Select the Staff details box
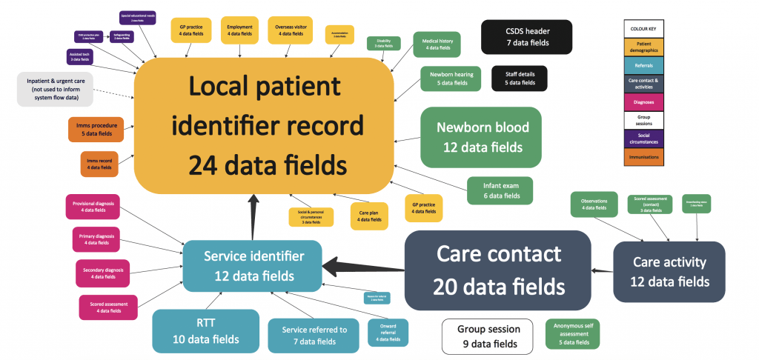(x=519, y=79)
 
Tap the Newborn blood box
(x=481, y=137)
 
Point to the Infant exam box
(x=500, y=190)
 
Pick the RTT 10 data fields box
(x=196, y=330)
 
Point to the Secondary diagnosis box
(x=102, y=273)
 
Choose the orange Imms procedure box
(x=96, y=130)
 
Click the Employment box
(x=239, y=32)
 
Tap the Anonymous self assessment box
(x=571, y=334)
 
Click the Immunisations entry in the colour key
(x=643, y=157)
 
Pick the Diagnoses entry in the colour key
(x=643, y=101)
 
